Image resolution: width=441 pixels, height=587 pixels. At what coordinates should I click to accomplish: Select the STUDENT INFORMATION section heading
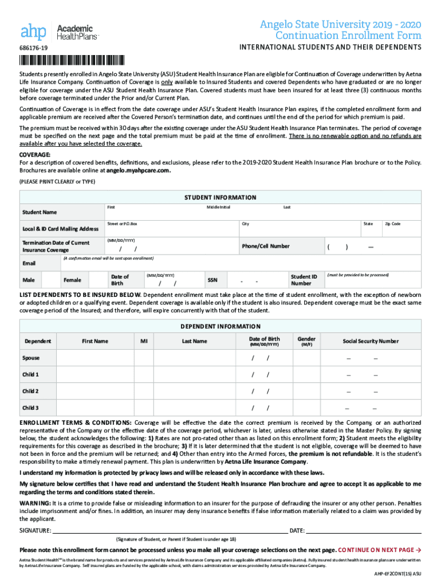(x=220, y=197)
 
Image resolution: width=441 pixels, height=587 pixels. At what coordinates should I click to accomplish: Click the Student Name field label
(x=40, y=212)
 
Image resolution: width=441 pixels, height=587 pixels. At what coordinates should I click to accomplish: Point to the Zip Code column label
(x=392, y=224)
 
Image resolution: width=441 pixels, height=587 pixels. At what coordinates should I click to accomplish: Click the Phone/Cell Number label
(x=266, y=246)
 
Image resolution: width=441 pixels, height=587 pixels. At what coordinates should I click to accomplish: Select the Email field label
(x=29, y=263)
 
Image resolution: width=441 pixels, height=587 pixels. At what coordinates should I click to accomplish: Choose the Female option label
(x=72, y=280)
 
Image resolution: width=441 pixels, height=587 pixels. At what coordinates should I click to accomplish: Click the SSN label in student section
(x=212, y=280)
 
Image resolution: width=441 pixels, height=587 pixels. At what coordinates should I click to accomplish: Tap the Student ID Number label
(x=304, y=280)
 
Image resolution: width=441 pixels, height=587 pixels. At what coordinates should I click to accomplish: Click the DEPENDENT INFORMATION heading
(x=220, y=326)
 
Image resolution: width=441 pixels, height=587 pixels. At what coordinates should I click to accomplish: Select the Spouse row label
(x=31, y=358)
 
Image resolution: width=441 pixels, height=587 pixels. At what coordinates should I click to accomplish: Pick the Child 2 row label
(x=30, y=391)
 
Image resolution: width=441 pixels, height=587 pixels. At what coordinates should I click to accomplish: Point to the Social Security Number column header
(x=371, y=341)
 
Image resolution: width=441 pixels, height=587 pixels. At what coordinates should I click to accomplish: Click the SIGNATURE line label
(x=36, y=530)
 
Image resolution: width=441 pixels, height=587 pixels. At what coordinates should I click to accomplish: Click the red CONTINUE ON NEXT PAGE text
(x=380, y=549)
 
